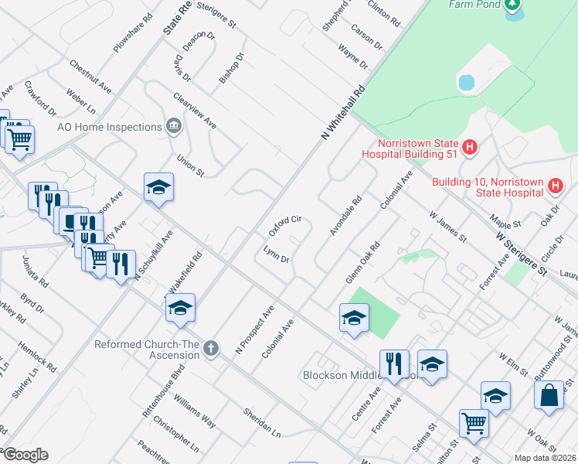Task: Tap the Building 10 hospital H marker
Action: coord(555,186)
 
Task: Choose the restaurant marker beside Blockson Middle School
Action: coord(394,363)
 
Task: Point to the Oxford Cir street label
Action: coord(284,227)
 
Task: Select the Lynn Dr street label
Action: coord(276,254)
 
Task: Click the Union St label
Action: coord(190,165)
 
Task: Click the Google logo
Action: coord(25,455)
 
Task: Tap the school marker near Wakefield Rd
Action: coord(180,308)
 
